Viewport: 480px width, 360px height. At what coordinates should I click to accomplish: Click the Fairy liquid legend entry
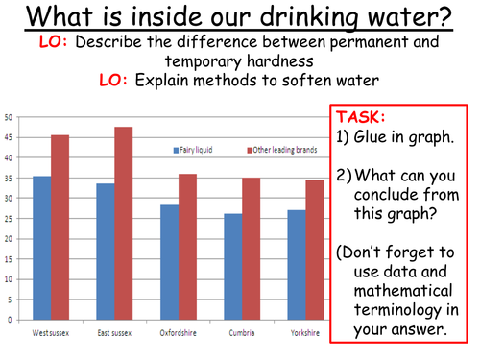click(195, 150)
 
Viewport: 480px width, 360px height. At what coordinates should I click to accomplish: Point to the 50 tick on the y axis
click(9, 117)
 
